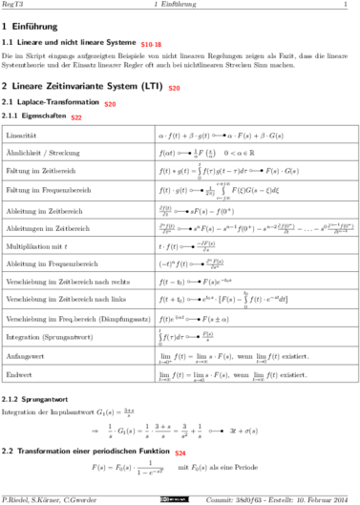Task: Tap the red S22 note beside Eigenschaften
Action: (76, 116)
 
